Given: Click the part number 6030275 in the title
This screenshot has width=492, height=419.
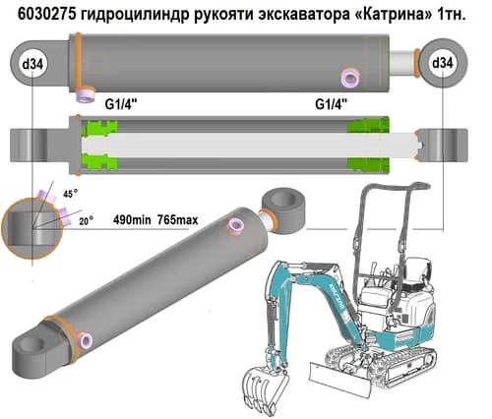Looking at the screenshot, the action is (x=46, y=14).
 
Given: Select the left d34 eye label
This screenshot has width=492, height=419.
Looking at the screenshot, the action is (x=32, y=64).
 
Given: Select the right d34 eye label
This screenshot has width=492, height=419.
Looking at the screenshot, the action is (x=443, y=63).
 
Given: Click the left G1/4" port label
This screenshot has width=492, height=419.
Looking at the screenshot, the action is (x=121, y=104).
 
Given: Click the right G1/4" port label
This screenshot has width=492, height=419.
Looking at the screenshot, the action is (x=332, y=104).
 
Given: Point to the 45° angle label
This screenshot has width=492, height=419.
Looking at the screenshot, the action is (x=71, y=194).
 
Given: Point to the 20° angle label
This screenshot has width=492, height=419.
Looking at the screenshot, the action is (x=86, y=221).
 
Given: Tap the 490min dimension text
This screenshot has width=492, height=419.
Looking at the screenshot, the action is (x=132, y=219).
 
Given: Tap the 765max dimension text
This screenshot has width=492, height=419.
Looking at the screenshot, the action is (x=178, y=219).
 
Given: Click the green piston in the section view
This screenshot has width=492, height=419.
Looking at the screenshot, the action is (x=99, y=145).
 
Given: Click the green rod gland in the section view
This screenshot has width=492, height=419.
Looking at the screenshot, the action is (x=368, y=145).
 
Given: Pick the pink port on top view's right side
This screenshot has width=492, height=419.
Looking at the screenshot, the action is (x=350, y=79).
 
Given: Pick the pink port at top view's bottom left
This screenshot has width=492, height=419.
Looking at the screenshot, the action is (x=86, y=95).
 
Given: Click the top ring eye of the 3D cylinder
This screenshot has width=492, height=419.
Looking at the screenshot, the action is (x=284, y=209).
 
